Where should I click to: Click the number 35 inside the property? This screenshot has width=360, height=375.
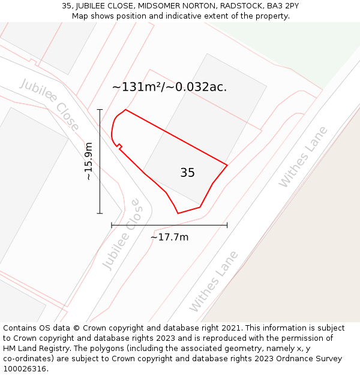click(187, 173)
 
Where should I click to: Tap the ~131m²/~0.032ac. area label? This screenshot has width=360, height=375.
click(169, 87)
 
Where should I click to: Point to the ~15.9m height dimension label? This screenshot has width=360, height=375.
click(88, 161)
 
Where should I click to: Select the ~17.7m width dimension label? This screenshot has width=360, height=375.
click(169, 237)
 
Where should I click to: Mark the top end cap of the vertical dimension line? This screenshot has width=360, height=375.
click(100, 110)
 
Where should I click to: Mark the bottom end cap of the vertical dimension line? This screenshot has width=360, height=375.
click(100, 213)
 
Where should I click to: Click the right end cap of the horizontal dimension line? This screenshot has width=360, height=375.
click(227, 225)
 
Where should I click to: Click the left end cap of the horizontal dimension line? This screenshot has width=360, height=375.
click(112, 225)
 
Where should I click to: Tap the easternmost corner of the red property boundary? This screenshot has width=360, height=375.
click(227, 164)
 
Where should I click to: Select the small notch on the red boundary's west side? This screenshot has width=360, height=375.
click(119, 146)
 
